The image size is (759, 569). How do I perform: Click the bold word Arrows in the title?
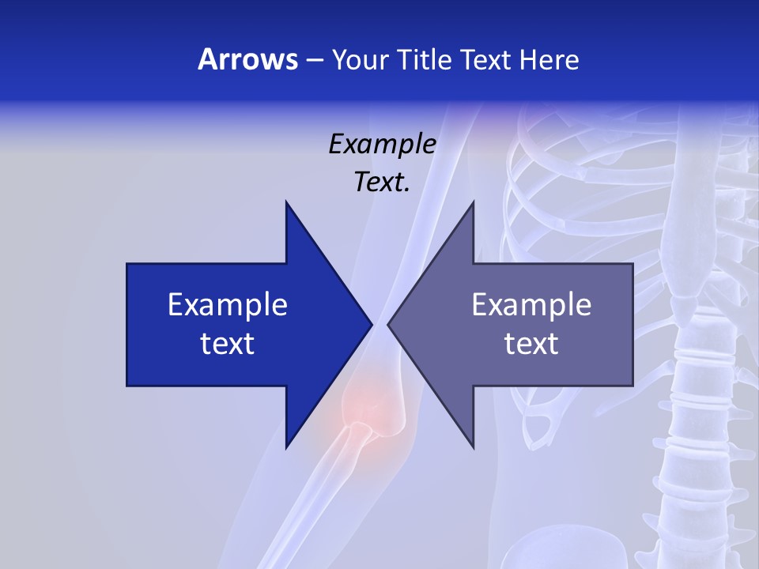tap(248, 59)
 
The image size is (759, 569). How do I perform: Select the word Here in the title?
tap(549, 59)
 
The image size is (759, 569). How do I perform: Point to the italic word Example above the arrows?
tap(382, 144)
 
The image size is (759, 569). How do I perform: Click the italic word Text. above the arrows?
tap(382, 183)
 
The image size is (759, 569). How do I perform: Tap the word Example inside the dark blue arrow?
tap(228, 304)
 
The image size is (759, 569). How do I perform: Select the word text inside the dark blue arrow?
tap(228, 344)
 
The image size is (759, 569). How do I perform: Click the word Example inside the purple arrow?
tap(531, 304)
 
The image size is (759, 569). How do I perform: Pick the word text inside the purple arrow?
tap(531, 344)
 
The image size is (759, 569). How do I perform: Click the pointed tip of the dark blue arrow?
tap(371, 324)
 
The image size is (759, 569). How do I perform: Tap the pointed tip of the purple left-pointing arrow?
tap(388, 324)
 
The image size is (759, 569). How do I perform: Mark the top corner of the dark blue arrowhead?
tap(286, 202)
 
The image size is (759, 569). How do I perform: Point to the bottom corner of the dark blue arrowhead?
tap(286, 447)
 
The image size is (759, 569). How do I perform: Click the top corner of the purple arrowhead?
tap(473, 202)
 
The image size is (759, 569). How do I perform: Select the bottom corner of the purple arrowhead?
tap(473, 447)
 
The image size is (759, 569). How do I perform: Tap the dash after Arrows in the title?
tap(313, 60)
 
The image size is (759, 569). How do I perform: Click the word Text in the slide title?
tap(486, 59)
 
